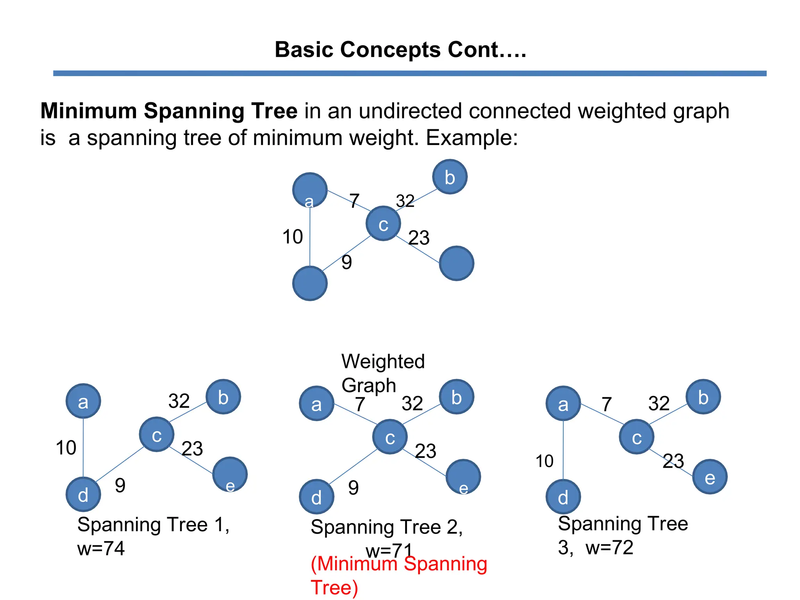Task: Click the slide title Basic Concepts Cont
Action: (x=400, y=50)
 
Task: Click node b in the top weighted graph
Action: (x=450, y=177)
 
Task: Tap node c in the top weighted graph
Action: (x=383, y=224)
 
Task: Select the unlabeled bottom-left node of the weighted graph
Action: (x=310, y=284)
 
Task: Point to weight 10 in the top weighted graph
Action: (x=293, y=237)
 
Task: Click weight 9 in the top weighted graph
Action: (x=346, y=262)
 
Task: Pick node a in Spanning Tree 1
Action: (x=83, y=401)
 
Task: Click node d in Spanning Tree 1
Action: (x=83, y=495)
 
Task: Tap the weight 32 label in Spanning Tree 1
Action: (x=179, y=401)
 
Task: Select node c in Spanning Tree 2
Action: (x=390, y=437)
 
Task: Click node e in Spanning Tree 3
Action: (x=710, y=477)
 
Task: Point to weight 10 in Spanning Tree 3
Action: (x=544, y=461)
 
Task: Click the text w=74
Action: (x=101, y=548)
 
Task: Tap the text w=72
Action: (x=609, y=548)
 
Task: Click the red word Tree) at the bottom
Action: (x=334, y=587)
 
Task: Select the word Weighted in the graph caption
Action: (x=383, y=361)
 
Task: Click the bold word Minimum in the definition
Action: (x=88, y=111)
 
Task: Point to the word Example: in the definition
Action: (x=471, y=138)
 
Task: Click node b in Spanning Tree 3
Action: (x=703, y=397)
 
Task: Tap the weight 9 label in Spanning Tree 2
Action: (x=353, y=487)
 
